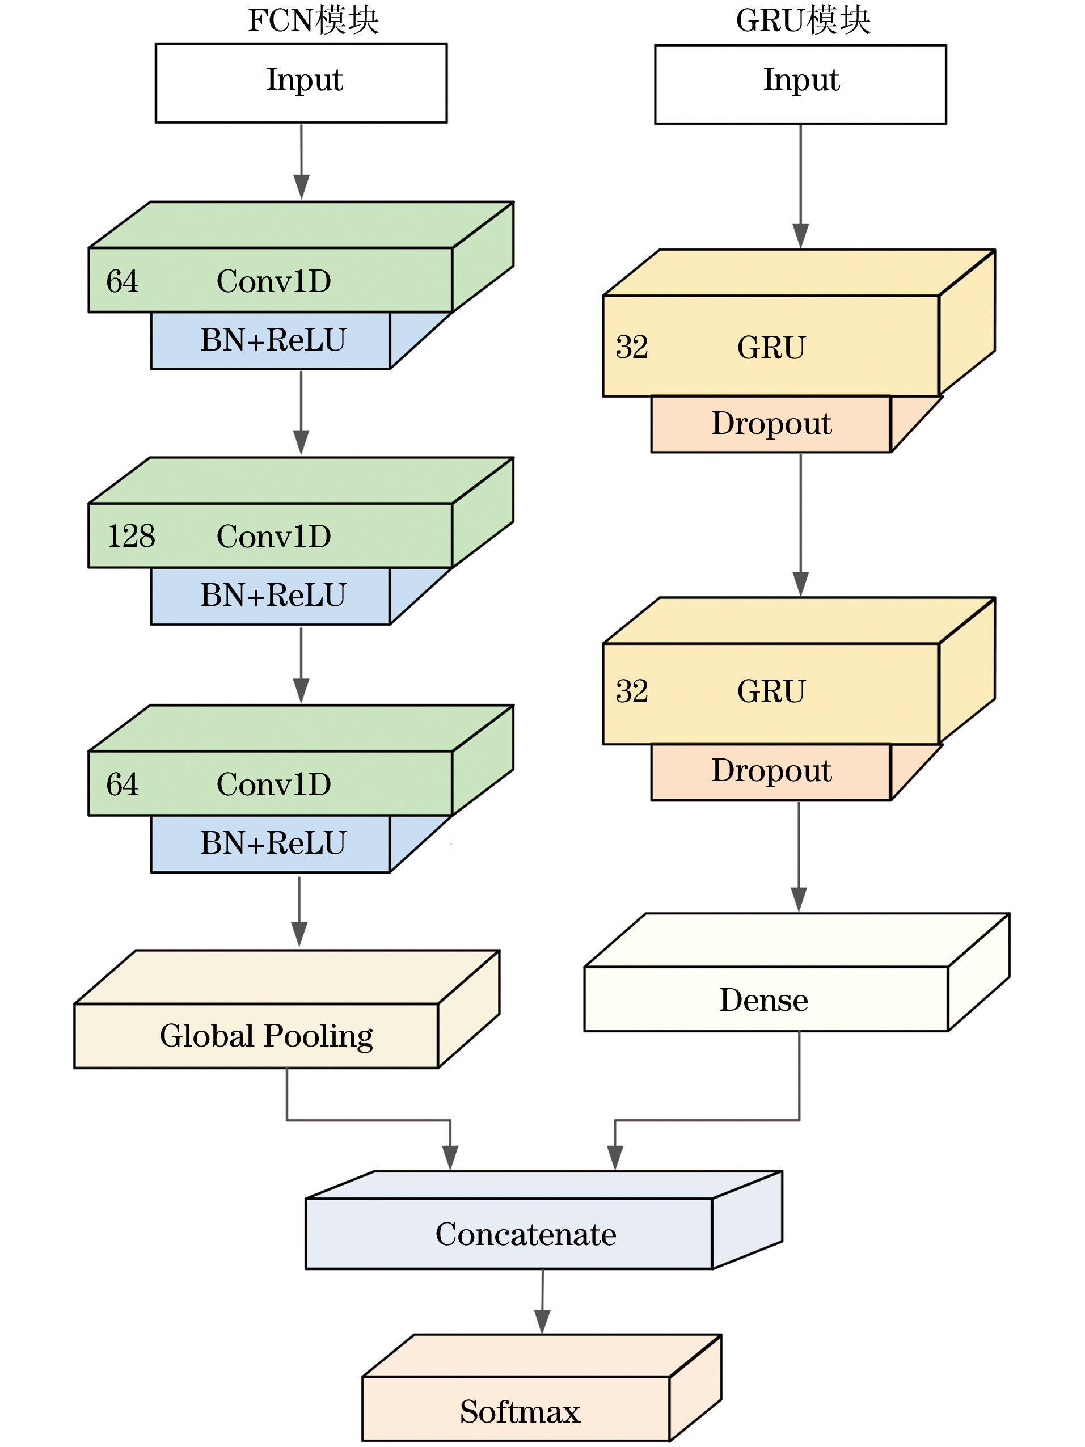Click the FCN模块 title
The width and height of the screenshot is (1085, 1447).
point(313,20)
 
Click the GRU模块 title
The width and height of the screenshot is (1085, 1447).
point(803,20)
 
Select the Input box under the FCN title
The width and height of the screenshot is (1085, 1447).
point(301,83)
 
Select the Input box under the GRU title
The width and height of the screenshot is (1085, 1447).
point(800,85)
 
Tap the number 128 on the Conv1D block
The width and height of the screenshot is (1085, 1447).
point(131,536)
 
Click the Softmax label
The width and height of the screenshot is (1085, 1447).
point(520,1411)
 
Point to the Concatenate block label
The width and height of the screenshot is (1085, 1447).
point(526,1234)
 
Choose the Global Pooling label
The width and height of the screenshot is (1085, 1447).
point(266,1036)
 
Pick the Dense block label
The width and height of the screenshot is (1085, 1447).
point(763,1000)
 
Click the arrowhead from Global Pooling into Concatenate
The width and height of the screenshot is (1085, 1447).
point(450,1157)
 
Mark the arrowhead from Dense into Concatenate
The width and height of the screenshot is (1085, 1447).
point(615,1157)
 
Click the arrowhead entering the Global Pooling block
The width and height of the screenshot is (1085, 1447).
point(299,934)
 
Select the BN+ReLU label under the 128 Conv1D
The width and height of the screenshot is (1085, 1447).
point(273,595)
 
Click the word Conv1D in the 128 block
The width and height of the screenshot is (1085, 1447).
point(273,537)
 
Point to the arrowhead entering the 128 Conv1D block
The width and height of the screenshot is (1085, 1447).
point(301,442)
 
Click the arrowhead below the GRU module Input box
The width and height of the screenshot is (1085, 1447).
point(800,235)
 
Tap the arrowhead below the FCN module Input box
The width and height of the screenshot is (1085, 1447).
point(301,187)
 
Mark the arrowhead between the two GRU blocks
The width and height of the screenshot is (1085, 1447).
point(800,584)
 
